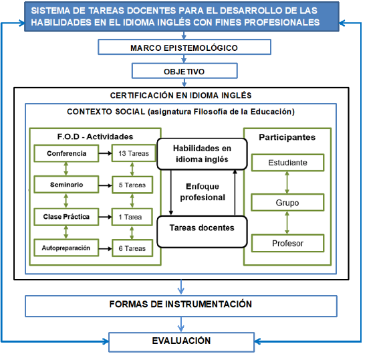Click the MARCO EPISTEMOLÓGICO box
184,47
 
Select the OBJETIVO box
184,71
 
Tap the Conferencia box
66,153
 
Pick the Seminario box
66,185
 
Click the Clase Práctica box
66,217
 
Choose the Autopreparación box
66,248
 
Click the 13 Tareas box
134,153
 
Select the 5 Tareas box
132,185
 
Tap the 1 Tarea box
132,217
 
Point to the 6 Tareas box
132,248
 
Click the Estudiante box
288,163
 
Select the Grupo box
287,203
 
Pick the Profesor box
288,244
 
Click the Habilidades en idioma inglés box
202,154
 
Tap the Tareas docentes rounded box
202,232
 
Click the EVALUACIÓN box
181,342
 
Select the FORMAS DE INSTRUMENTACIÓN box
181,306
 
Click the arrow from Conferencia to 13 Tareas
106,153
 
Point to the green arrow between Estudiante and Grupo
287,183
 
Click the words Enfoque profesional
203,192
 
